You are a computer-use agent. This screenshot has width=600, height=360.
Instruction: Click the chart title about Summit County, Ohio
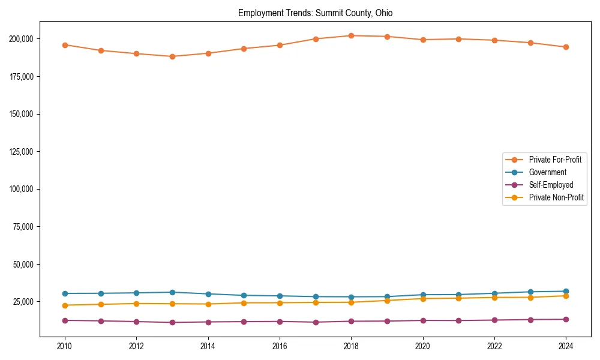(x=315, y=13)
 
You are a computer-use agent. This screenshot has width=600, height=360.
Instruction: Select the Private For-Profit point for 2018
(x=352, y=35)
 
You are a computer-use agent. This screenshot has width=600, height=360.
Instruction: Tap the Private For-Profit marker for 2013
(x=172, y=56)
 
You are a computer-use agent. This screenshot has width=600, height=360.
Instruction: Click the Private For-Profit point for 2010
(x=65, y=45)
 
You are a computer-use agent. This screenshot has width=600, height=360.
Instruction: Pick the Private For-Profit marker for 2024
(x=566, y=47)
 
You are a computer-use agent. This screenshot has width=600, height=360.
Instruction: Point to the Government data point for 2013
(x=172, y=292)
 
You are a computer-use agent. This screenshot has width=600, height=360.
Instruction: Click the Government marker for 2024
(x=566, y=291)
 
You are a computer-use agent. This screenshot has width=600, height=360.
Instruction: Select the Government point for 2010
(x=65, y=293)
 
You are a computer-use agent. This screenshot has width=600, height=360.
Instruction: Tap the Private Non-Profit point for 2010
(x=65, y=305)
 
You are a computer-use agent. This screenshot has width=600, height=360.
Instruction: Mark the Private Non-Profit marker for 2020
(x=423, y=298)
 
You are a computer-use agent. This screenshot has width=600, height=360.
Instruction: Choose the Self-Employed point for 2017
(x=316, y=322)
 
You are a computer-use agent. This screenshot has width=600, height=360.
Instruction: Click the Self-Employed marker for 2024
(x=566, y=319)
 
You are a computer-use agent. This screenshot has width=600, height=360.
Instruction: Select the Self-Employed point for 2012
(x=137, y=322)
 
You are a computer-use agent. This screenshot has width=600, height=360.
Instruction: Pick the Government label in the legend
(x=547, y=172)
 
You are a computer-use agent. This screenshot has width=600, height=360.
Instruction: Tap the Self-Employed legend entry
(x=551, y=185)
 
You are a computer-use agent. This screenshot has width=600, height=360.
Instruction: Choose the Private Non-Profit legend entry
(x=556, y=197)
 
